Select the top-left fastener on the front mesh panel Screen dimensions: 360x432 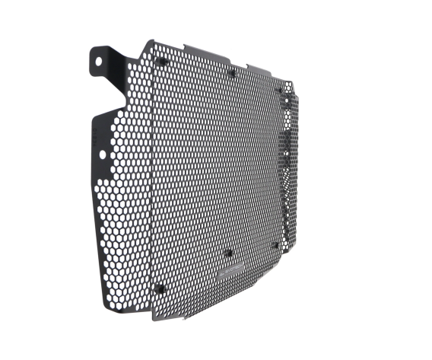click(x=161, y=61)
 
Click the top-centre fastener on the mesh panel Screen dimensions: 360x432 click(x=232, y=74)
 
